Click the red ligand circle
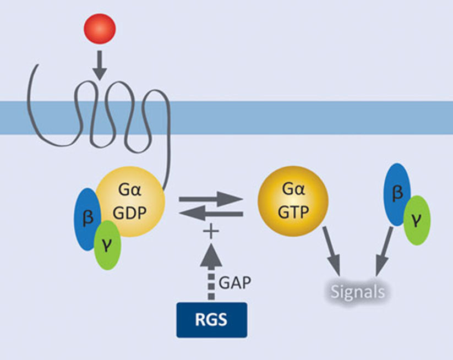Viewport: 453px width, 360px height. pos(100,28)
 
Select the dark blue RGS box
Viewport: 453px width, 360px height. pos(211,320)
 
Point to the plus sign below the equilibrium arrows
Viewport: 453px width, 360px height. pos(209,231)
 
